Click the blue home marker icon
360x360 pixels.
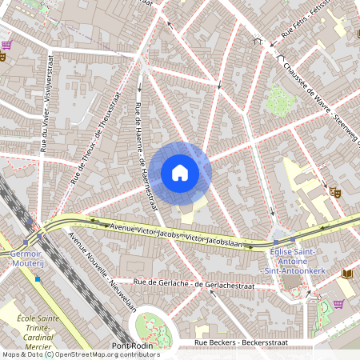180,172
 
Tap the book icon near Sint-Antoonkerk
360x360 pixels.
347,274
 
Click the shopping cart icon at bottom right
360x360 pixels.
338,304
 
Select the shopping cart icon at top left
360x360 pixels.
6,45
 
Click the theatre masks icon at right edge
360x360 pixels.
334,191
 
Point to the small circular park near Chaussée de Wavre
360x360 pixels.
278,100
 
